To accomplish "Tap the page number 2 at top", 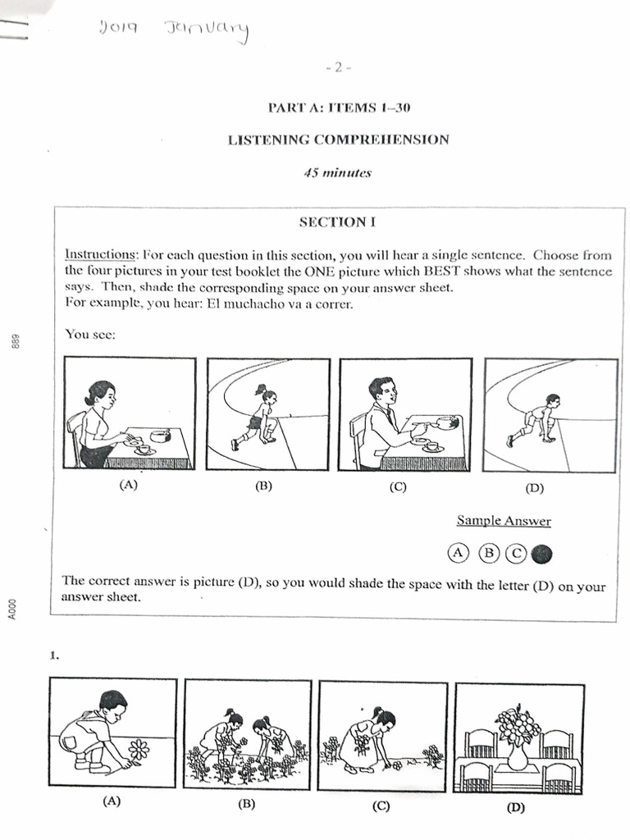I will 338,69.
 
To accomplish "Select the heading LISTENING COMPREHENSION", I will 338,139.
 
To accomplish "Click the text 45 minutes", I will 337,173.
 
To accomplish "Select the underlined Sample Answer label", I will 504,521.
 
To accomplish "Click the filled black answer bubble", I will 541,555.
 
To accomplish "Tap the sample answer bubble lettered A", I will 458,555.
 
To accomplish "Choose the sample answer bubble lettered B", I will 488,555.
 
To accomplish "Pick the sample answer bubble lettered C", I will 516,555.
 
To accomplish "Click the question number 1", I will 53,655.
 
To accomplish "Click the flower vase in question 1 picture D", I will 518,739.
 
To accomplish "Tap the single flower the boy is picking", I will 139,749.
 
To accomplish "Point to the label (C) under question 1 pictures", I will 381,806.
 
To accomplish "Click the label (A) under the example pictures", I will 128,485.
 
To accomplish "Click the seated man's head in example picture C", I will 381,389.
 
